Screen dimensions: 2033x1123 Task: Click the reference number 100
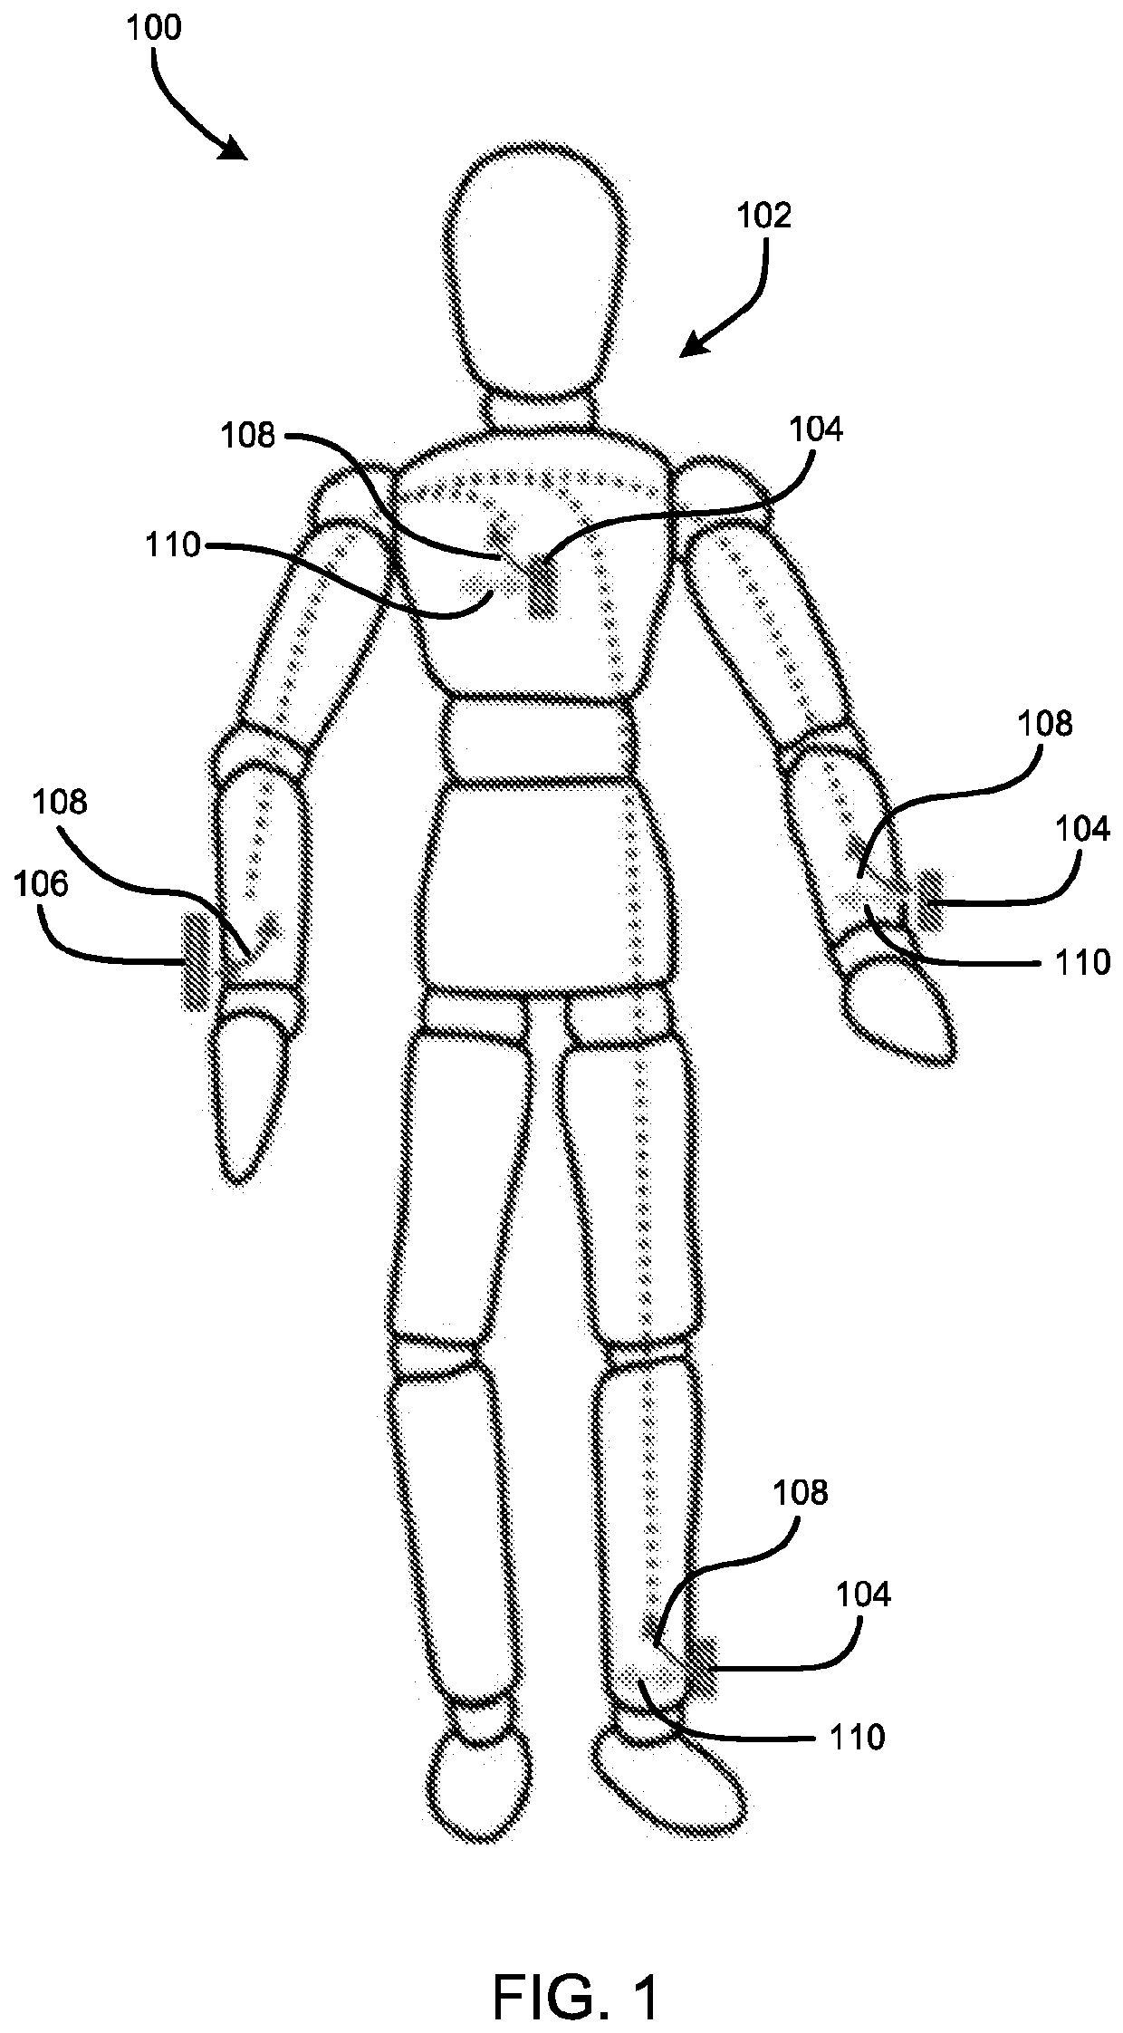154,29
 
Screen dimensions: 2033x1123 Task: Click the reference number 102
765,216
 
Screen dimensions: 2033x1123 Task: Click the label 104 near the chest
816,429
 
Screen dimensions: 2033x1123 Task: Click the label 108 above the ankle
801,1492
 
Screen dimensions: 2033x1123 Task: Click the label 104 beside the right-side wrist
1082,828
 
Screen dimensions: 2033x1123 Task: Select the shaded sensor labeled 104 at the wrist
930,901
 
